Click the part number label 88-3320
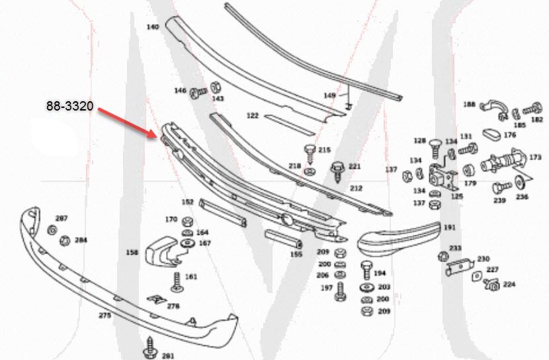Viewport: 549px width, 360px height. (x=69, y=106)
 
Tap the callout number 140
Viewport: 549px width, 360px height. (x=152, y=27)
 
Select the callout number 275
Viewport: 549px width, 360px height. (x=105, y=316)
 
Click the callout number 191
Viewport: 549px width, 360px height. (x=450, y=228)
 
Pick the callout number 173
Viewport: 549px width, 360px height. (x=535, y=157)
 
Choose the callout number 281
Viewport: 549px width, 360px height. (x=167, y=356)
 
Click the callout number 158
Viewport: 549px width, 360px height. (x=132, y=252)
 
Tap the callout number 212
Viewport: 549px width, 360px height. (x=356, y=188)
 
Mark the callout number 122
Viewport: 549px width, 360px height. (x=252, y=115)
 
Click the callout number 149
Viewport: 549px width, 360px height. (x=329, y=95)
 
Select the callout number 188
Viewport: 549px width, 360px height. (x=469, y=104)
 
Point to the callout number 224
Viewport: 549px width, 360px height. (x=509, y=284)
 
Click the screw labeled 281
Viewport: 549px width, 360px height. (x=148, y=348)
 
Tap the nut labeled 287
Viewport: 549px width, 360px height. (x=52, y=230)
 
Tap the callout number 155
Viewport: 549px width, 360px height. (x=296, y=253)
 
